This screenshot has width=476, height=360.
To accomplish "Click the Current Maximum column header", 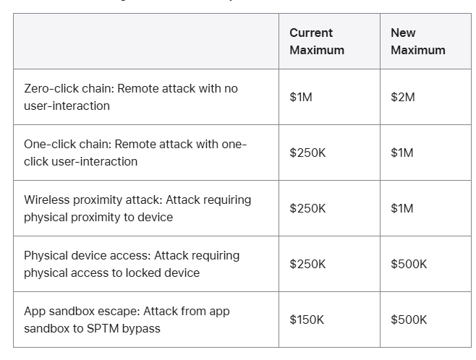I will (317, 41).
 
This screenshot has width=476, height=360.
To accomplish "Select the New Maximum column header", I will (417, 41).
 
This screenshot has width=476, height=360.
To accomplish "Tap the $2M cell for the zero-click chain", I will (403, 97).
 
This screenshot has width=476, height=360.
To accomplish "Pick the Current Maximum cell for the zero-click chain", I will (301, 97).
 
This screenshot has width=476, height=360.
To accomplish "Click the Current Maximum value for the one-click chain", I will (307, 153).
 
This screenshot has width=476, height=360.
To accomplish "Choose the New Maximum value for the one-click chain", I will (402, 153).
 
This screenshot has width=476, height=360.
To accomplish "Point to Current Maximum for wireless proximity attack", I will (307, 208).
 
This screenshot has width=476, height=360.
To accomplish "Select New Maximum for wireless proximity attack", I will (402, 208).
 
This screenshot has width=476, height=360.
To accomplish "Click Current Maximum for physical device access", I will (307, 264).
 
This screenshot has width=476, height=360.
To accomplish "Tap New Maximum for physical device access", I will (409, 264).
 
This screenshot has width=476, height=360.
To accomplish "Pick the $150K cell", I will (307, 320).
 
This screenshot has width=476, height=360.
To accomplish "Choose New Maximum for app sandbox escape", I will (409, 320).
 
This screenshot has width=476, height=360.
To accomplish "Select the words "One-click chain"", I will (66, 144).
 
